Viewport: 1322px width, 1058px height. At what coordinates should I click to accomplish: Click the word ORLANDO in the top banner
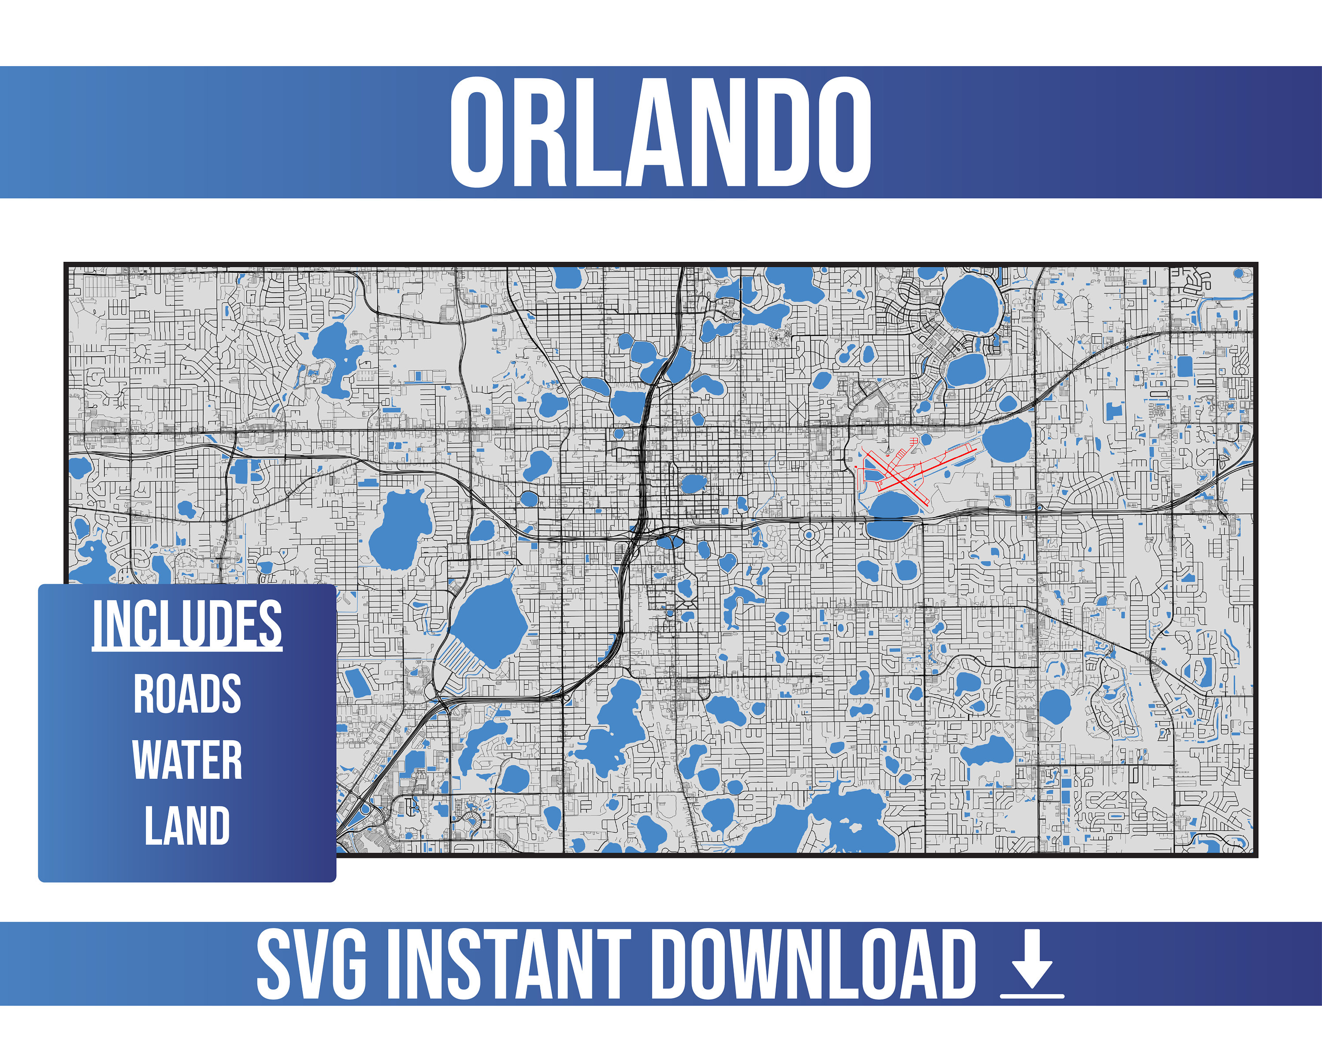pos(661,133)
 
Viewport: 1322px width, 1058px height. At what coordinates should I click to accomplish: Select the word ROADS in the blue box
pos(187,694)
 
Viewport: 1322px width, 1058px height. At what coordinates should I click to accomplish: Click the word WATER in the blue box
pos(187,760)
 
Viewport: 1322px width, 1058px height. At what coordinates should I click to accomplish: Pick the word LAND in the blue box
pos(187,826)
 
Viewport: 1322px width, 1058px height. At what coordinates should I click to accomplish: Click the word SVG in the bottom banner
pos(312,964)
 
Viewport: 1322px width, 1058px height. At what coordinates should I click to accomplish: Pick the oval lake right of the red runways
pos(1007,440)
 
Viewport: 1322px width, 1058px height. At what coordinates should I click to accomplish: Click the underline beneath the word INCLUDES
pos(187,649)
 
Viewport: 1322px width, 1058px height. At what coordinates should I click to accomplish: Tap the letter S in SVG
pos(274,964)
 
